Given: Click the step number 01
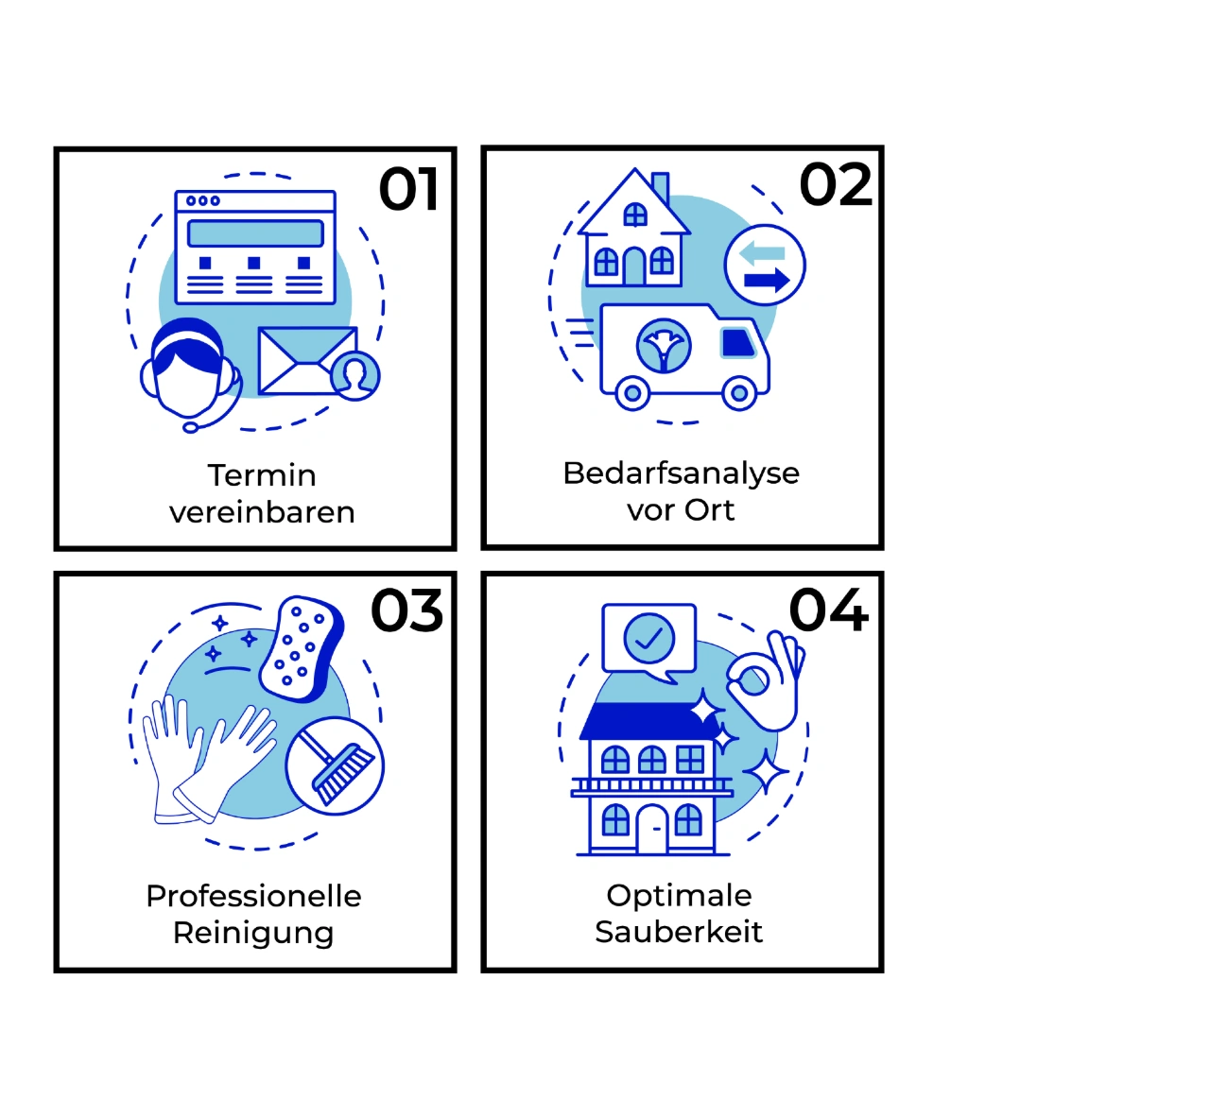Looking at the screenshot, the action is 408,188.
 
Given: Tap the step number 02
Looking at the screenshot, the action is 836,184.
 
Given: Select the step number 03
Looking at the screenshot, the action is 407,610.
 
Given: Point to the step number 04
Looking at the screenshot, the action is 829,610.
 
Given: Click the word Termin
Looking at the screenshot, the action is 262,475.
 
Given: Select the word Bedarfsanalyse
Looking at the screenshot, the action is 682,473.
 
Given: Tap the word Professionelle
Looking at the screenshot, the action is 253,897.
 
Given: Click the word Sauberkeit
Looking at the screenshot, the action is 679,932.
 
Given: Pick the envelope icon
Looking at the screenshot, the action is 307,361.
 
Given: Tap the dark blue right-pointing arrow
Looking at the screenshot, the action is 767,280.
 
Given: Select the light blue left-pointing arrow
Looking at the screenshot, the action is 762,253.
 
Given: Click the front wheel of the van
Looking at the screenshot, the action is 739,393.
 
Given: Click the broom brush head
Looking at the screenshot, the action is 342,773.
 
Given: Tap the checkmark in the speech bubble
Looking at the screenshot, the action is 648,638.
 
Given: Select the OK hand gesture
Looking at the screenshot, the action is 766,681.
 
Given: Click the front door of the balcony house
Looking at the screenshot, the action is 652,830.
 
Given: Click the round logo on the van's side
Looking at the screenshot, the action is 664,346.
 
